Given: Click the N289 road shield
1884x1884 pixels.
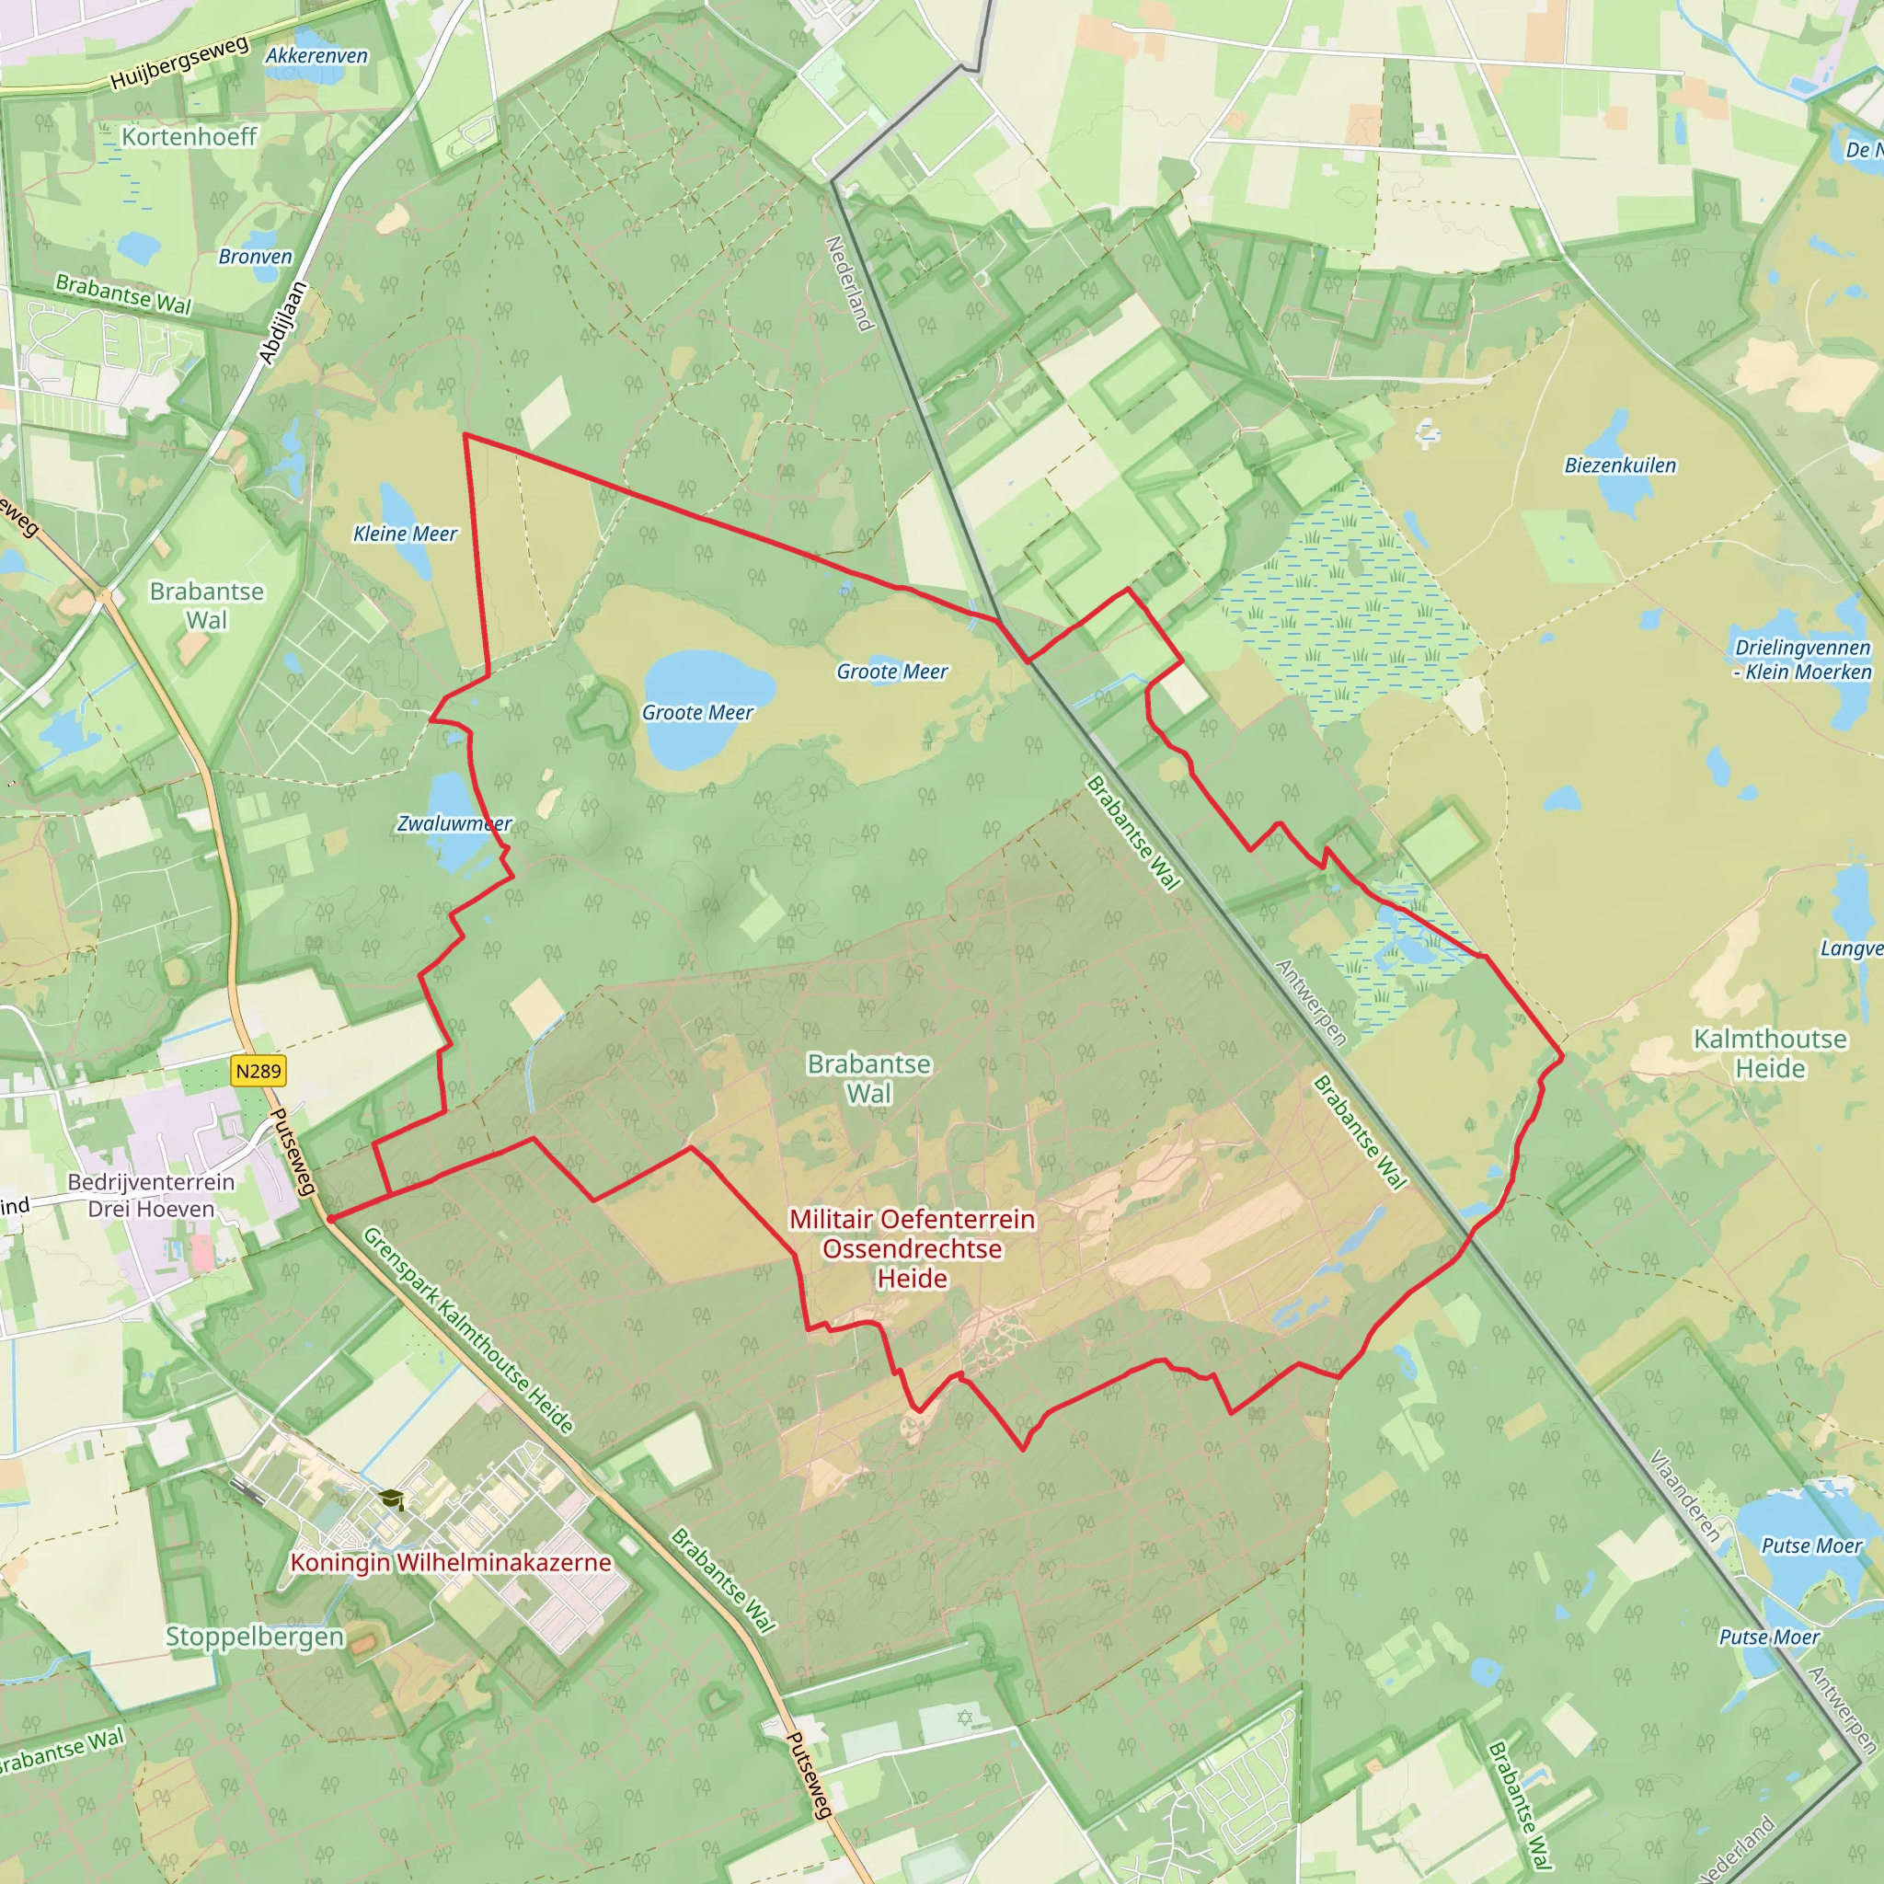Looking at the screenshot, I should point(258,1071).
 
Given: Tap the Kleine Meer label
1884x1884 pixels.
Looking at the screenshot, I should point(405,534).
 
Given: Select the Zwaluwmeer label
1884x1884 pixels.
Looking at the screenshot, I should point(454,823).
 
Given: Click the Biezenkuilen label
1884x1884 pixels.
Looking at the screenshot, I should point(1620,465).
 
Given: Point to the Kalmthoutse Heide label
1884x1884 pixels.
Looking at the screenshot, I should point(1770,1053).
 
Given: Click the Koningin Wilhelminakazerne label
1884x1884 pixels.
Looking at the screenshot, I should point(451,1562).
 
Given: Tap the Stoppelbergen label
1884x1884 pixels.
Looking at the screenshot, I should point(255,1637).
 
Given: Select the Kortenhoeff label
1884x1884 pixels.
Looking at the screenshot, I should point(190,136).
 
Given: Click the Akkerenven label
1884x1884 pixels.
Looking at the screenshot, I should point(317,55).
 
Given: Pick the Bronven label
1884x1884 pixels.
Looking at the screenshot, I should point(256,257).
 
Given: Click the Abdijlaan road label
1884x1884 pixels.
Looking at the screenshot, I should point(282,323).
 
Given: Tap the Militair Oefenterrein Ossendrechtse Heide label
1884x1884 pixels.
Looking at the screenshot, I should point(912,1248).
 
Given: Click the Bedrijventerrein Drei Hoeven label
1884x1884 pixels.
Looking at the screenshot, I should point(151,1196).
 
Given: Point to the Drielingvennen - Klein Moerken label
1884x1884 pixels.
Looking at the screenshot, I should point(1802,660).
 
